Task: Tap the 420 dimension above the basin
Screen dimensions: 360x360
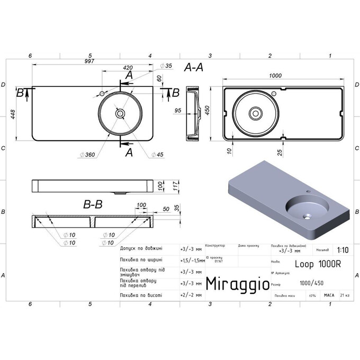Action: click(x=127, y=68)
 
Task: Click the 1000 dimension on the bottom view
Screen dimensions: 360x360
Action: click(x=275, y=76)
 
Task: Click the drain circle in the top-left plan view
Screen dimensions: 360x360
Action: click(x=120, y=113)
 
